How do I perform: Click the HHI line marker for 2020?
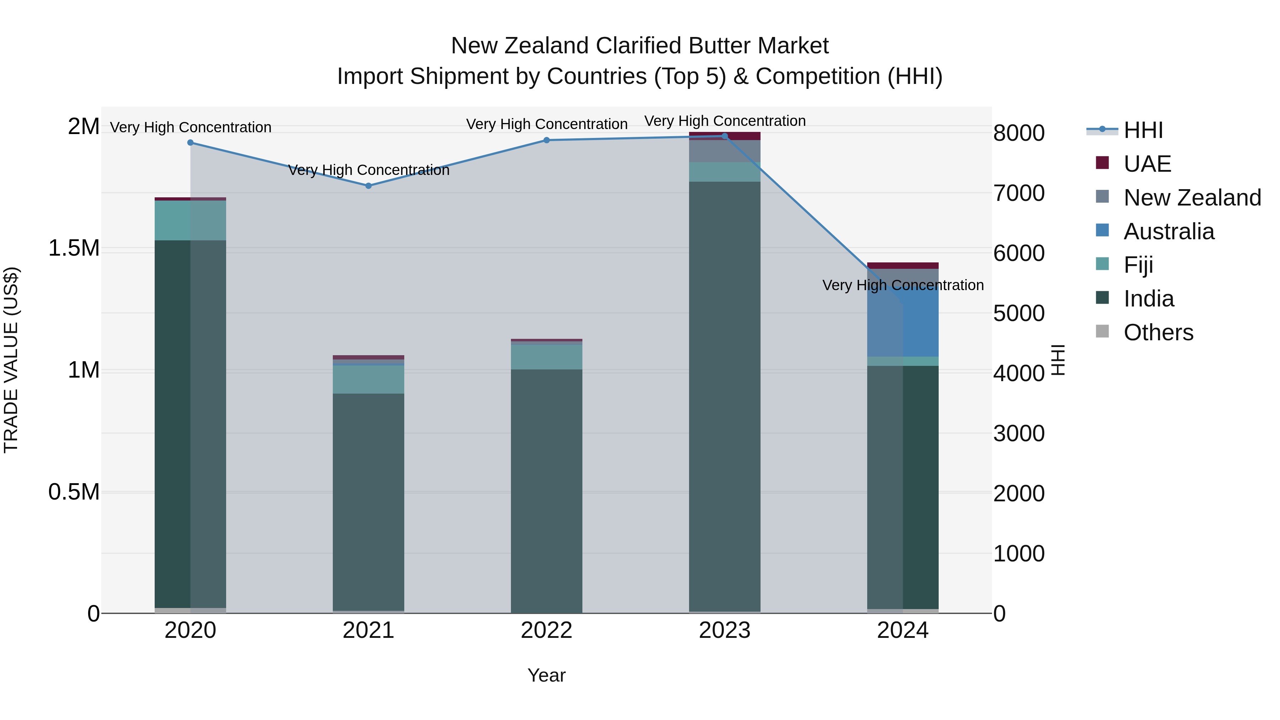[190, 143]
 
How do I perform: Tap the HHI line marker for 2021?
[368, 186]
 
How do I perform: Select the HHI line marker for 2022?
[546, 140]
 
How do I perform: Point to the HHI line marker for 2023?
[725, 136]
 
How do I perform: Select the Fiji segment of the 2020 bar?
[190, 220]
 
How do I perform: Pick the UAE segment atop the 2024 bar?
[903, 265]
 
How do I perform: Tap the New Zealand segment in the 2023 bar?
[725, 151]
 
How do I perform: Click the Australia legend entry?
[1168, 231]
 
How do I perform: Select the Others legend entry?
[1158, 332]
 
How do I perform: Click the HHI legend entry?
[1143, 130]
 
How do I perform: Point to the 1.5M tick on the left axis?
[74, 248]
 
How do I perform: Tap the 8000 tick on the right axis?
[1019, 133]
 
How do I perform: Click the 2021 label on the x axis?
[368, 630]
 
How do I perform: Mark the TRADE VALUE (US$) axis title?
[11, 360]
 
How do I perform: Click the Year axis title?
[546, 675]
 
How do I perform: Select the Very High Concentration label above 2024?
[903, 285]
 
